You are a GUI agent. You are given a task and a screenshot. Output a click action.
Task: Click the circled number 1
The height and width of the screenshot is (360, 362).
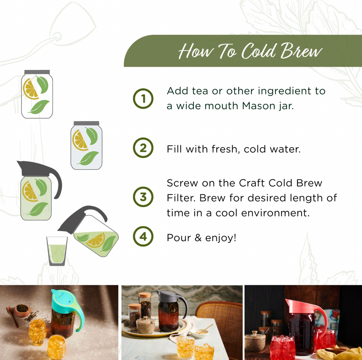tap(143, 98)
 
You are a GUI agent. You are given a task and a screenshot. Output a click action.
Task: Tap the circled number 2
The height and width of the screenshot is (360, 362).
tap(143, 148)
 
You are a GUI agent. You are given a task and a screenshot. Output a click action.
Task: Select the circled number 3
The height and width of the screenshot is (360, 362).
tap(143, 197)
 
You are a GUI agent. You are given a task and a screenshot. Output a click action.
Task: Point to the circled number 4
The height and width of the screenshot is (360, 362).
tap(143, 236)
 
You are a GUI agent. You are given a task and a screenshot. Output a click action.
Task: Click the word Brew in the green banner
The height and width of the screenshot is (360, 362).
tap(301, 51)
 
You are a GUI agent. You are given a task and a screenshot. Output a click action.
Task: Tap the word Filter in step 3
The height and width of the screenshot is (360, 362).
tap(181, 198)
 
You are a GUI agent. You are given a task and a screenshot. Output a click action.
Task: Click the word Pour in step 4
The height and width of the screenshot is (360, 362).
tap(179, 238)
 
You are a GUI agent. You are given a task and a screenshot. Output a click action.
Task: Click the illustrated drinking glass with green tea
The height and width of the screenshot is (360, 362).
tap(57, 251)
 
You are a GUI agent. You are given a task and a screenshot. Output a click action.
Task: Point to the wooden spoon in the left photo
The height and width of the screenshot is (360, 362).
tap(12, 316)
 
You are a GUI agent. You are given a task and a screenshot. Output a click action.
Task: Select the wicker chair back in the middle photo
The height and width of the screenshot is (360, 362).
tap(219, 314)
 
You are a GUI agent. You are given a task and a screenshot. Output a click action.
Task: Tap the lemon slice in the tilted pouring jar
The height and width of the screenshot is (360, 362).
tap(96, 240)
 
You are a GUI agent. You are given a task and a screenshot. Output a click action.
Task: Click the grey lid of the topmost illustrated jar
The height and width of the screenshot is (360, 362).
tap(37, 72)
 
